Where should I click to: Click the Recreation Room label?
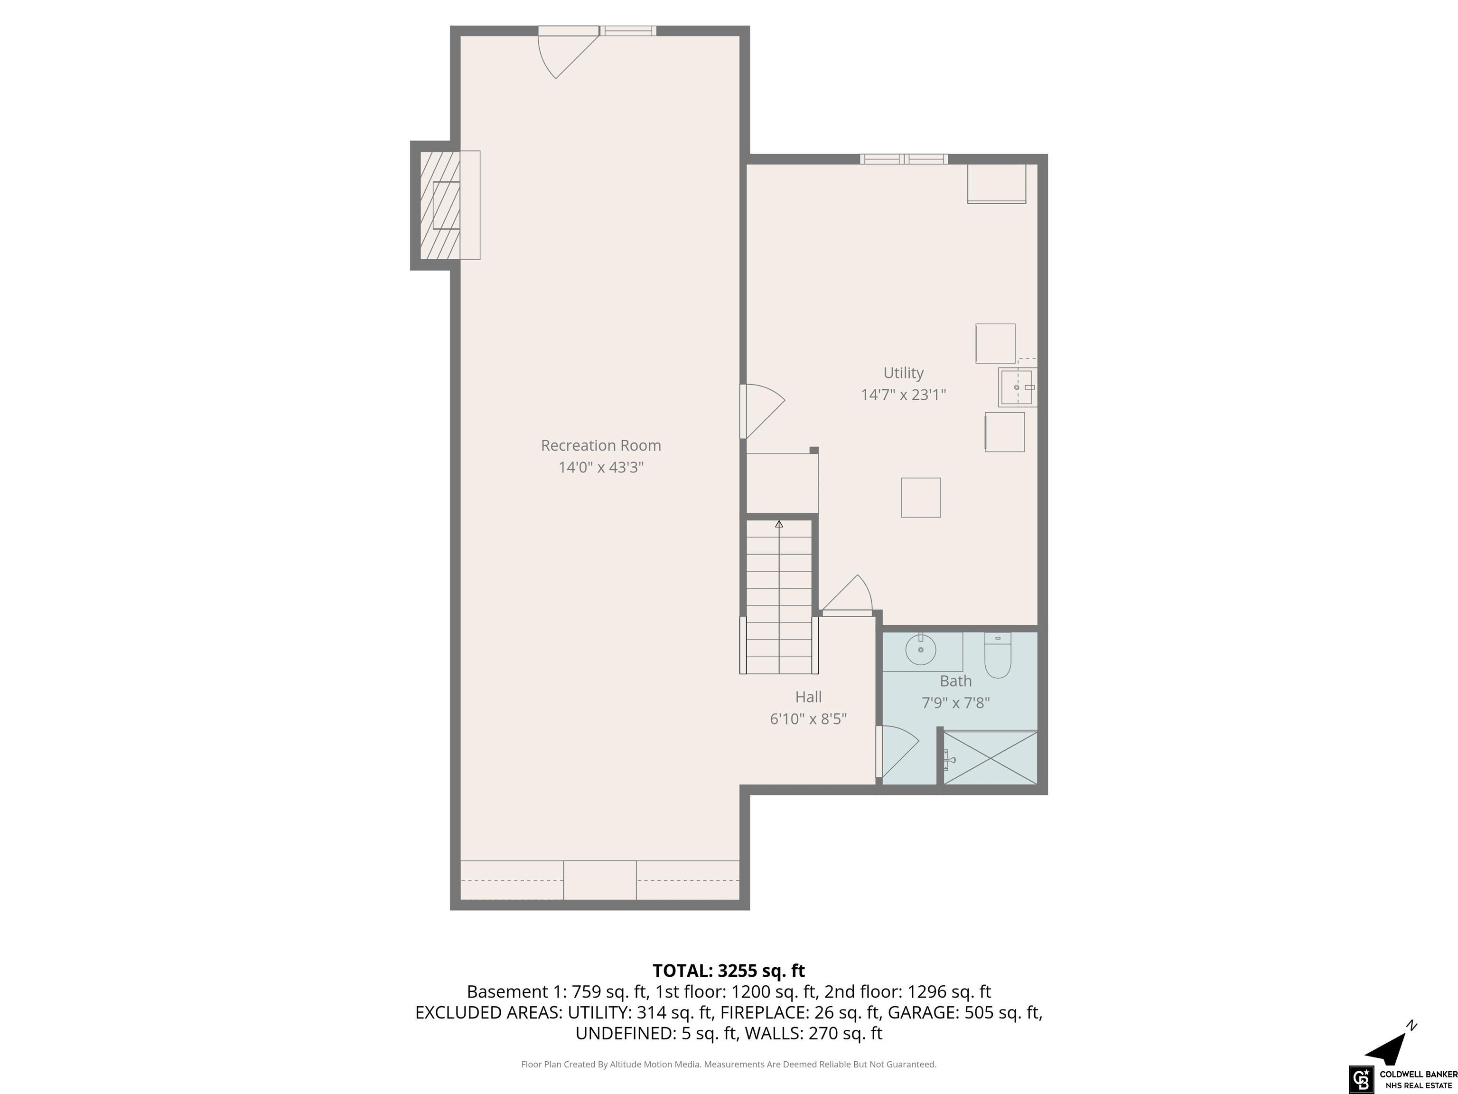pos(600,446)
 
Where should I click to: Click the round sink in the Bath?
pos(920,650)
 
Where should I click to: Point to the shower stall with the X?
pos(991,758)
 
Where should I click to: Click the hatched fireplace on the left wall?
pos(439,205)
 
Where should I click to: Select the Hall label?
pos(808,697)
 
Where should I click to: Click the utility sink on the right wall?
pos(1017,387)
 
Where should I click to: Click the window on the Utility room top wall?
pos(904,159)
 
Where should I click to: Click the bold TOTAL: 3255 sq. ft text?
pos(729,971)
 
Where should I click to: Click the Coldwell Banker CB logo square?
pos(1360,1079)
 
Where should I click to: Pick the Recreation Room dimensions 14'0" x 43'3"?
pos(600,468)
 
